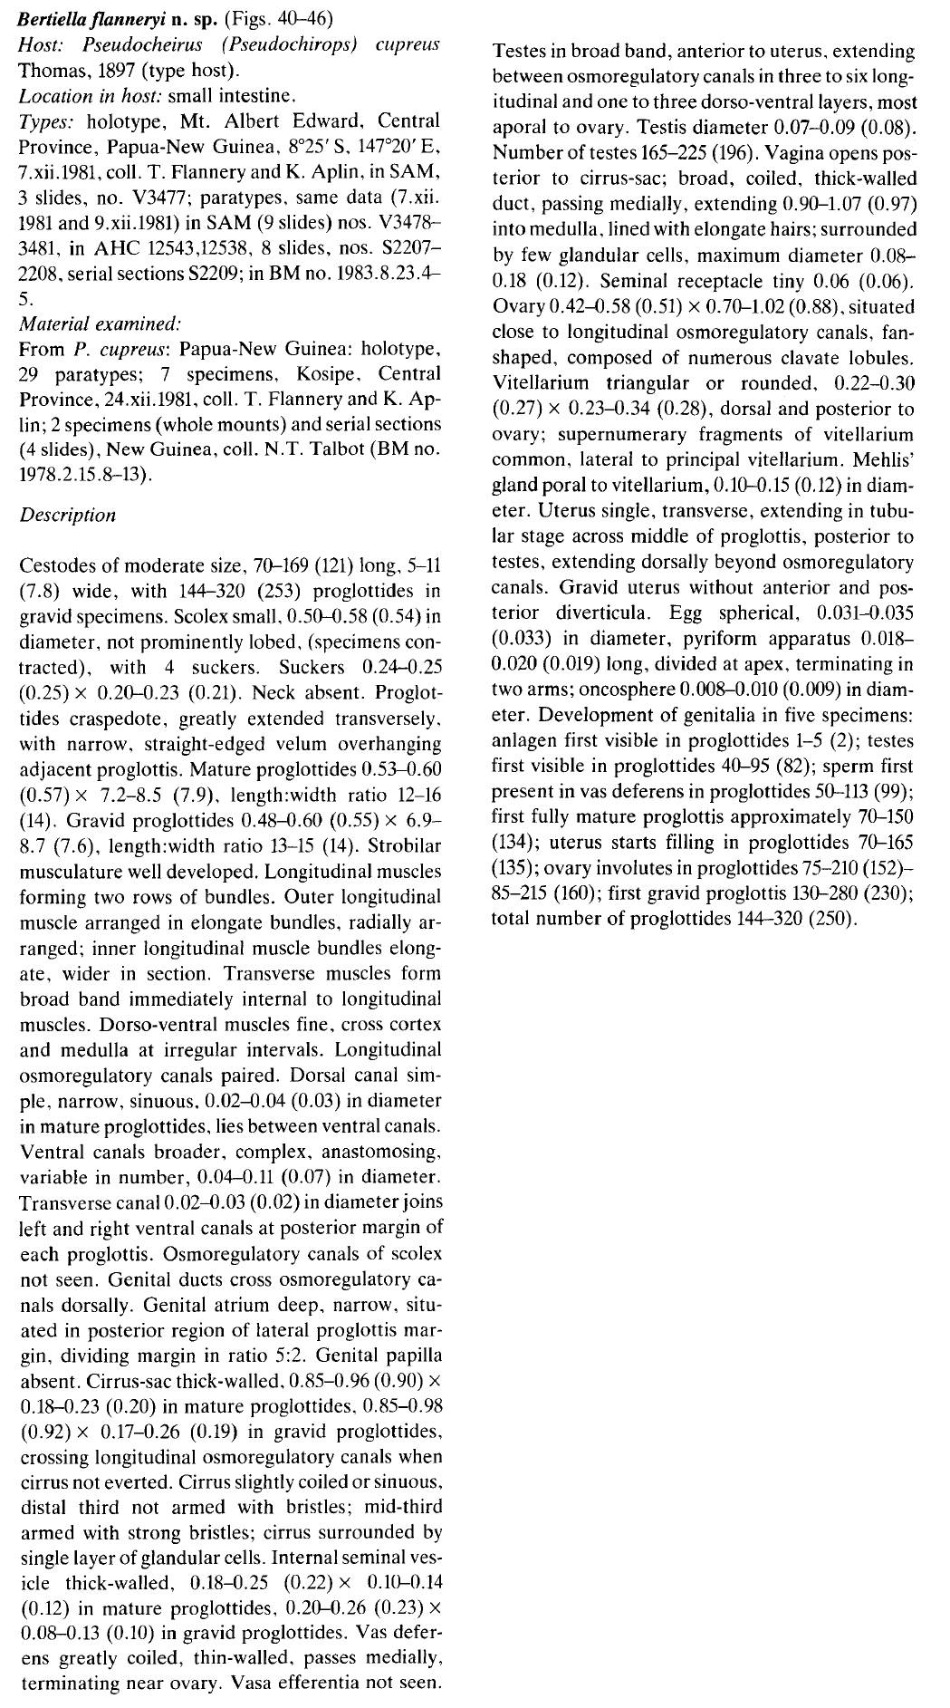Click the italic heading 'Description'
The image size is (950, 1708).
pyautogui.click(x=68, y=516)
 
